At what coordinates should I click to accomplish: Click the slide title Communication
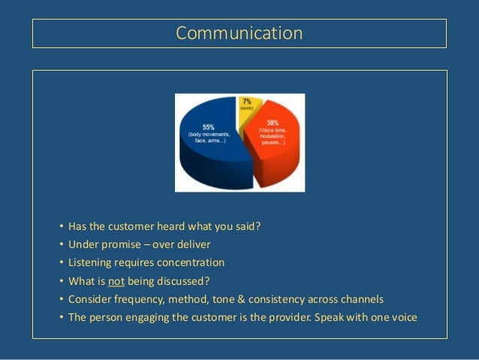coord(239,34)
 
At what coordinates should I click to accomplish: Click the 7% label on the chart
coord(246,101)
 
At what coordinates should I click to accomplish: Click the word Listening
coord(89,263)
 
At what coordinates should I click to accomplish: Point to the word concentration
coord(191,263)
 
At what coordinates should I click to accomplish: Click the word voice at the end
coord(403,317)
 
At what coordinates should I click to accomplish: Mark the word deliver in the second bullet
coord(194,245)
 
